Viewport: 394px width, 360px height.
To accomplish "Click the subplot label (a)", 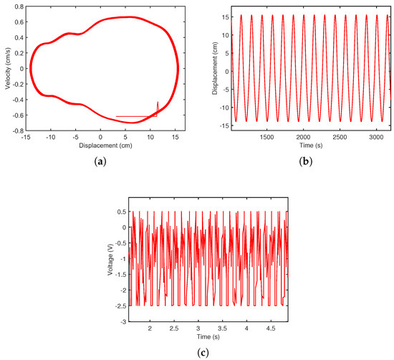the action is [100, 161].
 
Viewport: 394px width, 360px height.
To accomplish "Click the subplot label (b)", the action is [306, 161].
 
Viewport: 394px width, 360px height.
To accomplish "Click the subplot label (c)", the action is [203, 353].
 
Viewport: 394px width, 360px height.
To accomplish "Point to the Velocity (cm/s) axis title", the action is [8, 68].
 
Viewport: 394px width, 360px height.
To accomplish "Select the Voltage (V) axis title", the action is [110, 260].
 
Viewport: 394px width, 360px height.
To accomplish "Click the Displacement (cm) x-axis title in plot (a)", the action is [105, 146].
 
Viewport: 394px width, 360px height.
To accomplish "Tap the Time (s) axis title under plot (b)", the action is [311, 145].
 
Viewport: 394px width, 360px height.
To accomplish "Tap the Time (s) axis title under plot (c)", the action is [208, 336].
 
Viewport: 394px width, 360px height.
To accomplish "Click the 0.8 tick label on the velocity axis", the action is [19, 6].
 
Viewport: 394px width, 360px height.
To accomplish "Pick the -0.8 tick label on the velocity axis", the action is [19, 131].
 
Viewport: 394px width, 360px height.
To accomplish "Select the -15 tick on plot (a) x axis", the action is [26, 137].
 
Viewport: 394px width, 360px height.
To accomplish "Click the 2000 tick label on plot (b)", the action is [303, 137].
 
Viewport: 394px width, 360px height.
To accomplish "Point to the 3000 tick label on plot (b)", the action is [376, 137].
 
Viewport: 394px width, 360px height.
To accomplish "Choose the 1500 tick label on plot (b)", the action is [267, 137].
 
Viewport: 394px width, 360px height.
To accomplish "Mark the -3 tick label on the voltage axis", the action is [122, 322].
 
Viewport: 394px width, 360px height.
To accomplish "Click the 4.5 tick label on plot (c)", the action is [271, 328].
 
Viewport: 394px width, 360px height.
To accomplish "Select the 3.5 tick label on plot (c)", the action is [222, 328].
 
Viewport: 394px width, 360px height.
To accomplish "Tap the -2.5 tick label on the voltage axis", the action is [120, 306].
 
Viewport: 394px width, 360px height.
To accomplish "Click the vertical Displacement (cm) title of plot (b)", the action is [215, 68].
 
